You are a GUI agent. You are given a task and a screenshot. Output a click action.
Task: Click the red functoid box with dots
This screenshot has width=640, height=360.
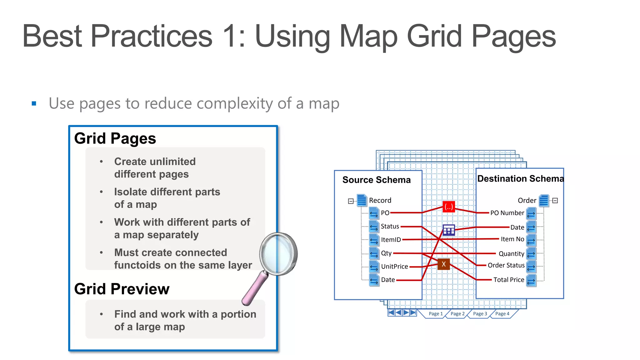[x=449, y=207]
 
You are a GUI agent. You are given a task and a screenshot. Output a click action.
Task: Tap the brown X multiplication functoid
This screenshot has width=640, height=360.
[x=443, y=264]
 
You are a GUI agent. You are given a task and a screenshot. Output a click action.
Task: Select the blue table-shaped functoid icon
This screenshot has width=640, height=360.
[x=449, y=231]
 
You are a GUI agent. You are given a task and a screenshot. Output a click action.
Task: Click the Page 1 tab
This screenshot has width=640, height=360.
[x=435, y=314]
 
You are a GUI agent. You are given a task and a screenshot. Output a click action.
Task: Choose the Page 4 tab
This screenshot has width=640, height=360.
[x=502, y=314]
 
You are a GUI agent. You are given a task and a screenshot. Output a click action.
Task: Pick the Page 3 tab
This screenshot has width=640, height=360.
[x=480, y=314]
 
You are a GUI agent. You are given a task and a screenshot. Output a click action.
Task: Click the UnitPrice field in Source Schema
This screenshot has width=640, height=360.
[x=394, y=267]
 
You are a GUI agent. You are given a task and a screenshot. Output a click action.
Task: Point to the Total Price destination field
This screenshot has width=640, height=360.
[x=508, y=280]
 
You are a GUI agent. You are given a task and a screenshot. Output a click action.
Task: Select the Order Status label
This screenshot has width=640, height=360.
[x=506, y=265]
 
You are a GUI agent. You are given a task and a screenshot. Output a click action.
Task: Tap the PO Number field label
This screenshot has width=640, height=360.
[x=507, y=213]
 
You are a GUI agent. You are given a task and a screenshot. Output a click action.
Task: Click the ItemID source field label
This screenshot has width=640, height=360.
[x=391, y=240]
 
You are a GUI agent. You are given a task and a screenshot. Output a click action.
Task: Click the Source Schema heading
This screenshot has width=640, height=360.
[x=376, y=180]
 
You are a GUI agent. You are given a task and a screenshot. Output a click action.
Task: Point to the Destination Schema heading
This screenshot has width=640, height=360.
[x=520, y=179]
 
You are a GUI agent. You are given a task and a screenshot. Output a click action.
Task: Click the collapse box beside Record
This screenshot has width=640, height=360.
[x=351, y=201]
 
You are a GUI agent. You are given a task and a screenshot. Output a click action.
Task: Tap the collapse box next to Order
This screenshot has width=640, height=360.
[x=555, y=201]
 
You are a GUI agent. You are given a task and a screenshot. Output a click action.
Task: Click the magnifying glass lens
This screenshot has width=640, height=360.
[x=278, y=254]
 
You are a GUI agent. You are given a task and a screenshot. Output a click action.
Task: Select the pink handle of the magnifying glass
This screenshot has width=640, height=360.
[x=254, y=289]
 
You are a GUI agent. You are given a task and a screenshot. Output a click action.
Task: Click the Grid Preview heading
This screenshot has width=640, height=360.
[x=122, y=289]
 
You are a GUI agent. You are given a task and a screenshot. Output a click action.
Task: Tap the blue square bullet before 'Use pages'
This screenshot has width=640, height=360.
[x=34, y=103]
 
